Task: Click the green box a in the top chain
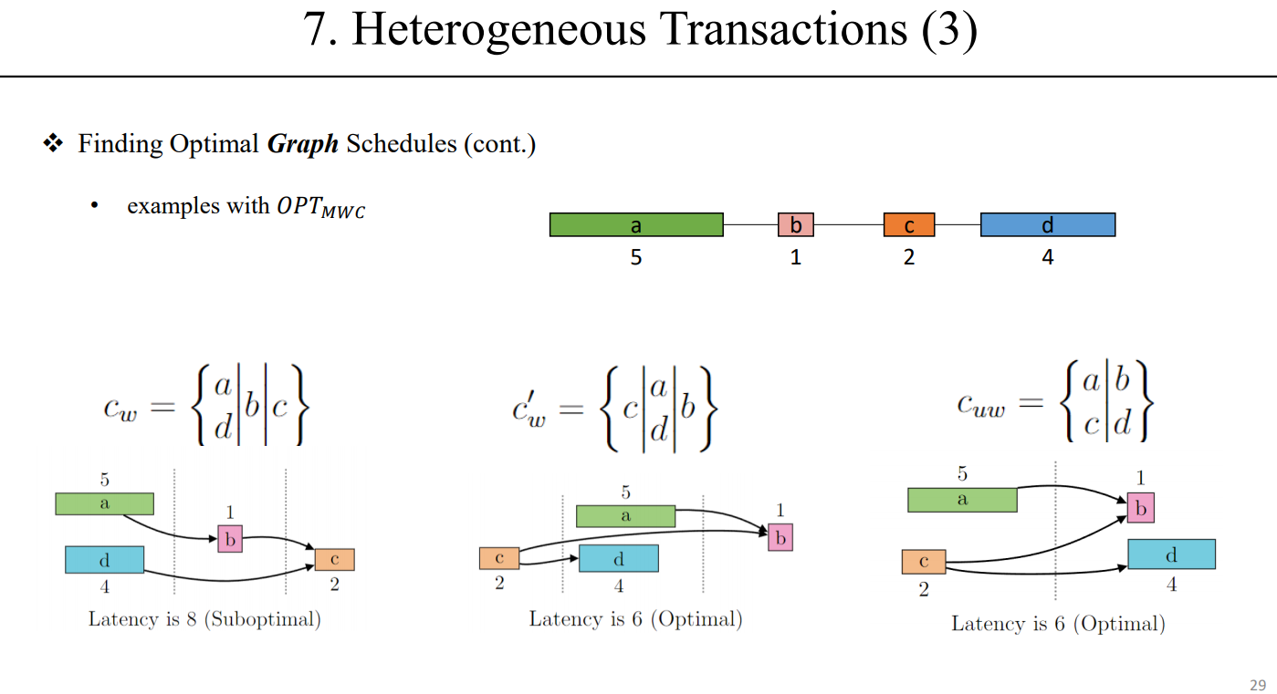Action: point(636,224)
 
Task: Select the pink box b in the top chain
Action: point(795,224)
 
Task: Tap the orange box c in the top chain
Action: point(908,224)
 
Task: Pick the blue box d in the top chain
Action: point(1047,224)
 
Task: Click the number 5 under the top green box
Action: point(636,258)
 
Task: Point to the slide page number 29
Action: point(1257,685)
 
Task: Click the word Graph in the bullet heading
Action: point(302,144)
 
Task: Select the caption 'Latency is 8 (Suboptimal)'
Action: point(204,619)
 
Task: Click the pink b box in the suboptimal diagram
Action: point(230,539)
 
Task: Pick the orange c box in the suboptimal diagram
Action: point(334,559)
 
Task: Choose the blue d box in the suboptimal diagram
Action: point(104,559)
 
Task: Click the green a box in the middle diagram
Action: point(625,516)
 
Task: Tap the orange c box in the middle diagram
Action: point(499,557)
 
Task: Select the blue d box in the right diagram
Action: point(1171,554)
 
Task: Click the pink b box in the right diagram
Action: point(1140,508)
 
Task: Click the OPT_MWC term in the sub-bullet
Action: point(320,207)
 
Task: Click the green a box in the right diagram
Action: point(961,500)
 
